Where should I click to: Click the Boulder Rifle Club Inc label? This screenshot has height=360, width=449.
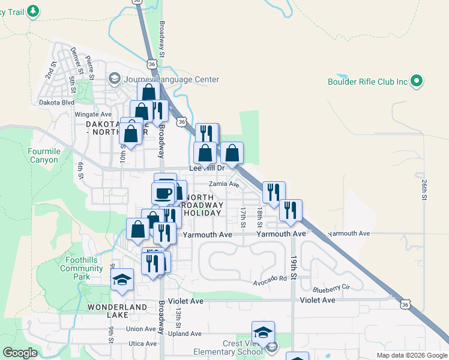368,82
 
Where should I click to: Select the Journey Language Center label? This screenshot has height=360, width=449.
171,79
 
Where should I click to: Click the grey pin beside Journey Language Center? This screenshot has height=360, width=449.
114,79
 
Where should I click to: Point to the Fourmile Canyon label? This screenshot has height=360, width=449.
45,156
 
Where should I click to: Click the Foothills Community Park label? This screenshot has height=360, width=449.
82,268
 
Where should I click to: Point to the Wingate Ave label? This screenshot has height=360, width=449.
93,114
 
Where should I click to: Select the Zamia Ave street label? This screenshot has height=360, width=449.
224,185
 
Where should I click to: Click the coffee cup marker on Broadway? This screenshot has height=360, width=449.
163,193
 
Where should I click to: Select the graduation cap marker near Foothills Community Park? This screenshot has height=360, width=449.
122,280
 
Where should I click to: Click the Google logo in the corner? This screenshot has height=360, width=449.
20,353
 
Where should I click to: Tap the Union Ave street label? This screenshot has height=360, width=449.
142,328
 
